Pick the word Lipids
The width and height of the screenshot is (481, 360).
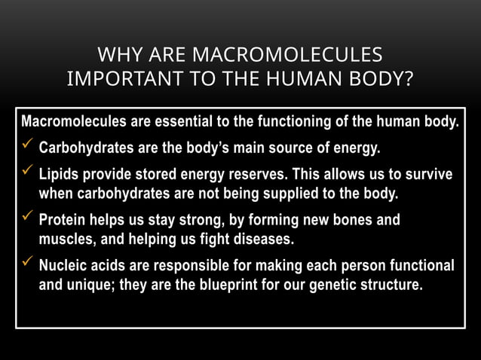pos(59,175)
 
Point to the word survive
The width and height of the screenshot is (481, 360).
pos(427,175)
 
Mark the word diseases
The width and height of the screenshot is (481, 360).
pos(262,239)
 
